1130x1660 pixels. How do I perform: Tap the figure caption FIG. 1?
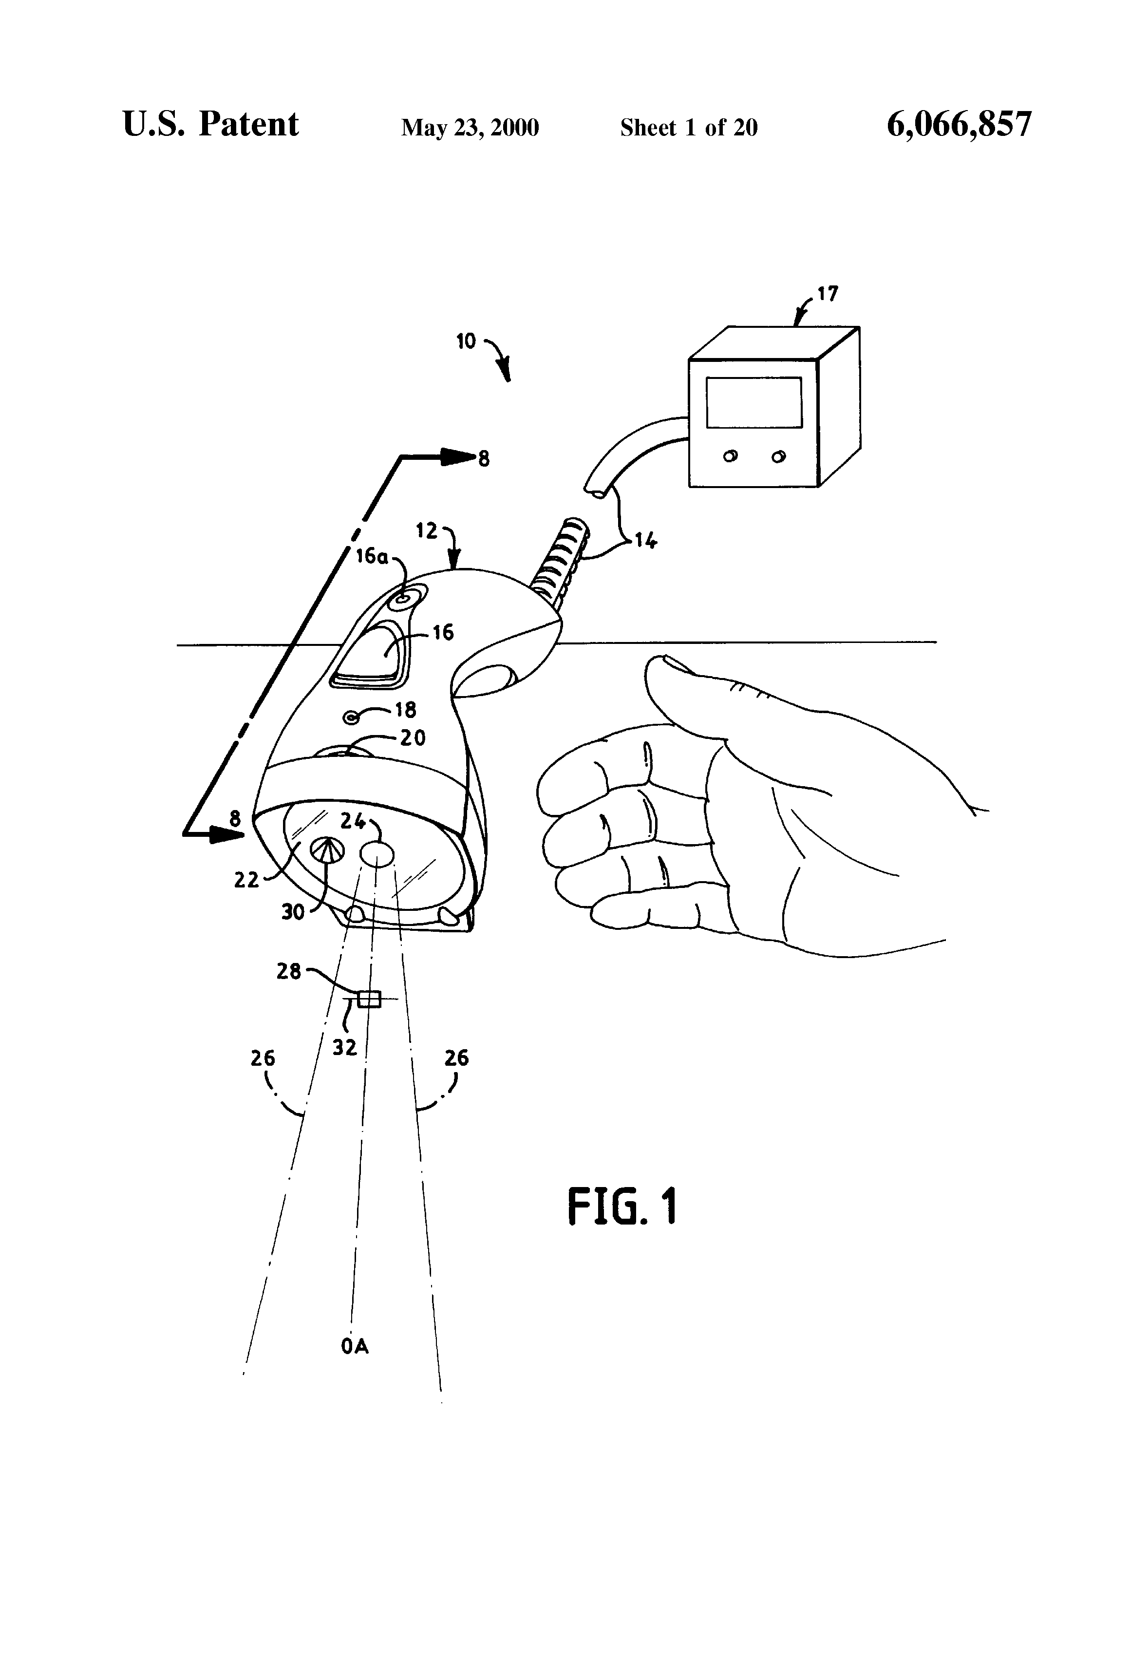[621, 1207]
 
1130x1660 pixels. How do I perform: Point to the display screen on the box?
[753, 402]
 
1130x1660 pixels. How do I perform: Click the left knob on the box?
[730, 456]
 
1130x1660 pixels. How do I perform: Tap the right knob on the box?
[778, 456]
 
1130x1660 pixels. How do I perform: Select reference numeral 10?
[466, 341]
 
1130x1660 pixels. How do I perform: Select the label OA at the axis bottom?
[354, 1346]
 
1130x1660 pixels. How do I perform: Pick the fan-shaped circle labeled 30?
[326, 850]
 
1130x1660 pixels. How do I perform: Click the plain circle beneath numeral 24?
[377, 853]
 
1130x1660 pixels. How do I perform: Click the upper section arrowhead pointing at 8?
[457, 457]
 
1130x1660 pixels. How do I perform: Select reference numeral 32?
[344, 1047]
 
